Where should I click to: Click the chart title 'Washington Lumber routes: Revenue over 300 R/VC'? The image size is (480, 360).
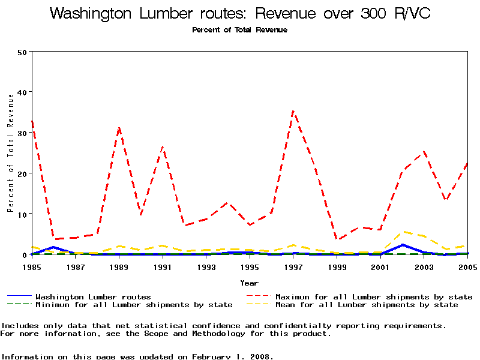(x=240, y=14)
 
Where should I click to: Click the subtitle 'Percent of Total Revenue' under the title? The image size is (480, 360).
(x=239, y=30)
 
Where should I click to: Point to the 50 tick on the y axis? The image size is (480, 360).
(x=23, y=52)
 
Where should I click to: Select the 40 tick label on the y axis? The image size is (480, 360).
(x=23, y=92)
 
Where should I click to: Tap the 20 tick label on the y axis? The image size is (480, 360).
(x=23, y=173)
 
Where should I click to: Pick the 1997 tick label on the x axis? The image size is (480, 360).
(x=293, y=266)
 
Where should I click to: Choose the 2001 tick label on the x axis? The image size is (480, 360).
(x=380, y=266)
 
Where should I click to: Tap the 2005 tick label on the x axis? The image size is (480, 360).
(x=467, y=266)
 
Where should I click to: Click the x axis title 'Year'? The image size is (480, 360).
(x=249, y=283)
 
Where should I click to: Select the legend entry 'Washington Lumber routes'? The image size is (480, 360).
(x=93, y=296)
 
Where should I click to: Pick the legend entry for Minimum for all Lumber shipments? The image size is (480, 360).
(x=134, y=305)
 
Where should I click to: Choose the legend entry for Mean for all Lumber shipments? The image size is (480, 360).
(x=367, y=305)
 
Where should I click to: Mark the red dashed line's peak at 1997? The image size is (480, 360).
(x=293, y=111)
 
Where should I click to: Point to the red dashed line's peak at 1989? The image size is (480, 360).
(x=119, y=127)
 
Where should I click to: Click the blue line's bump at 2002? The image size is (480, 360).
(x=402, y=245)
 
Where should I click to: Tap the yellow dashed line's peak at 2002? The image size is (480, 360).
(x=402, y=232)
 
